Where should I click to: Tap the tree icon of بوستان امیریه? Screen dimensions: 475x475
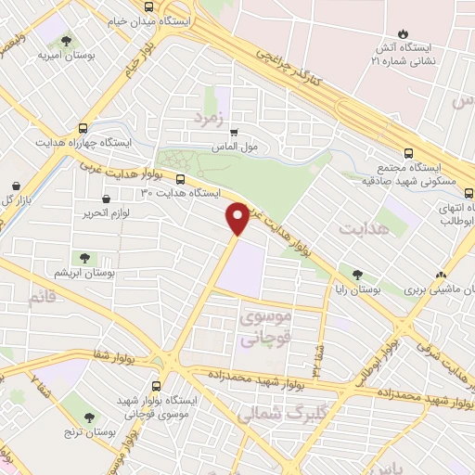pyautogui.click(x=66, y=41)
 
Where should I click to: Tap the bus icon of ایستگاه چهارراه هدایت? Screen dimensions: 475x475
pyautogui.click(x=83, y=129)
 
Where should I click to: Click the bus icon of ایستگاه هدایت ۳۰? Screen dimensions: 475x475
pyautogui.click(x=180, y=180)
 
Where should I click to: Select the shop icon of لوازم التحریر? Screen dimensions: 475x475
pyautogui.click(x=106, y=198)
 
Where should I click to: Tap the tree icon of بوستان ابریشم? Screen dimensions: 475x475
pyautogui.click(x=84, y=258)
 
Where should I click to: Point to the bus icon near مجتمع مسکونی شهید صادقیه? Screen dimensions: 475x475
pyautogui.click(x=409, y=154)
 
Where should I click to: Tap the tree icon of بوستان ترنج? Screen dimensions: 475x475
pyautogui.click(x=89, y=418)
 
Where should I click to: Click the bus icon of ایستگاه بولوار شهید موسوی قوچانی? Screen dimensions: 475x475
pyautogui.click(x=155, y=382)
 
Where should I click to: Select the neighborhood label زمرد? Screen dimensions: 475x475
pyautogui.click(x=211, y=118)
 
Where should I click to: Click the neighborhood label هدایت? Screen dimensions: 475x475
pyautogui.click(x=363, y=227)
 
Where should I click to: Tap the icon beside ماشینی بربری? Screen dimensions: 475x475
pyautogui.click(x=441, y=276)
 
